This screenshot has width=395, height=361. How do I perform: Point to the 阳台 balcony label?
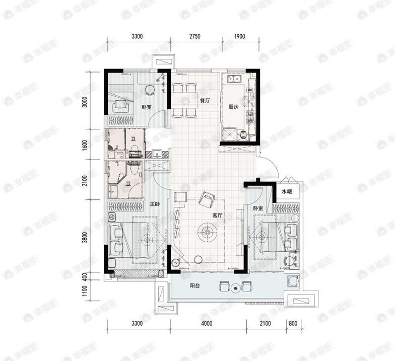point(194,286)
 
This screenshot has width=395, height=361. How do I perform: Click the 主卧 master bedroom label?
point(155,204)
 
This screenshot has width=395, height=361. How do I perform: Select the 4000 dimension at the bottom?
point(207,323)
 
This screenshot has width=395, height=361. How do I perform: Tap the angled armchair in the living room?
point(207,199)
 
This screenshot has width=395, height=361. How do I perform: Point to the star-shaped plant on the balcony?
point(235,288)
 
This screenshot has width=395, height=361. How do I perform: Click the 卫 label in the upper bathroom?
point(133,139)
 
